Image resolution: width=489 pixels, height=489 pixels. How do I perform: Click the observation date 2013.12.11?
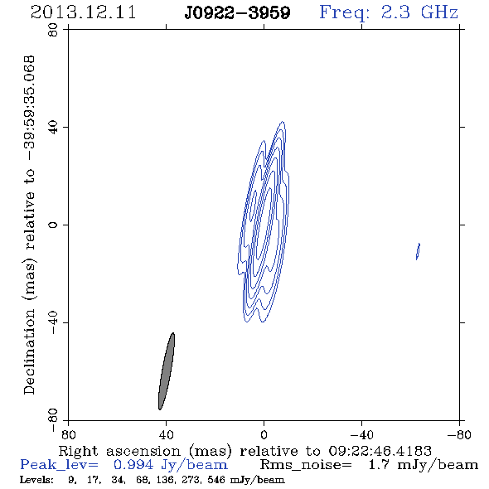click(x=83, y=12)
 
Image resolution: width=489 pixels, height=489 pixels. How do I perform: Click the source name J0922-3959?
click(x=237, y=12)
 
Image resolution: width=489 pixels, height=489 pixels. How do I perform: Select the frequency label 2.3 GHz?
click(x=419, y=12)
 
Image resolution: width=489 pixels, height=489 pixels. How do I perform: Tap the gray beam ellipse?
click(x=167, y=371)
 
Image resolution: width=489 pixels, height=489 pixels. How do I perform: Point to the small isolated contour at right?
click(x=418, y=251)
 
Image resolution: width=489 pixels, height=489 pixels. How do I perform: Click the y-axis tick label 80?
click(x=53, y=30)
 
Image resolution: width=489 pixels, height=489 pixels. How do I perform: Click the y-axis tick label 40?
click(x=53, y=128)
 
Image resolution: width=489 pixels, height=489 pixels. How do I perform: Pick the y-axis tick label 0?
click(x=53, y=225)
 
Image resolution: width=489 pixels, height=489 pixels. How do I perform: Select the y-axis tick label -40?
click(x=53, y=322)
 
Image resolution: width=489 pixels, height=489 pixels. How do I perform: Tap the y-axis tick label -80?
click(x=53, y=420)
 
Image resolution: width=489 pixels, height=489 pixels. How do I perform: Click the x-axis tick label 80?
click(x=68, y=434)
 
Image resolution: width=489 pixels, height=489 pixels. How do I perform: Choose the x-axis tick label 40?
click(x=166, y=434)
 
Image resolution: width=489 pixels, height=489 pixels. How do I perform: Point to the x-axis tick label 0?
click(x=264, y=434)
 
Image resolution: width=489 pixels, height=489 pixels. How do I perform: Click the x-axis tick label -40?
click(x=361, y=434)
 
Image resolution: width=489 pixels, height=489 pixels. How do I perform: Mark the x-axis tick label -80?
click(x=459, y=434)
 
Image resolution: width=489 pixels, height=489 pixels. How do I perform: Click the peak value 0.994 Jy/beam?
click(x=171, y=465)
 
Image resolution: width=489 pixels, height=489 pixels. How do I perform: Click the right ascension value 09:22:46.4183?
click(x=380, y=451)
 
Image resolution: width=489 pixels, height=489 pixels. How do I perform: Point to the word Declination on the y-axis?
click(x=29, y=351)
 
